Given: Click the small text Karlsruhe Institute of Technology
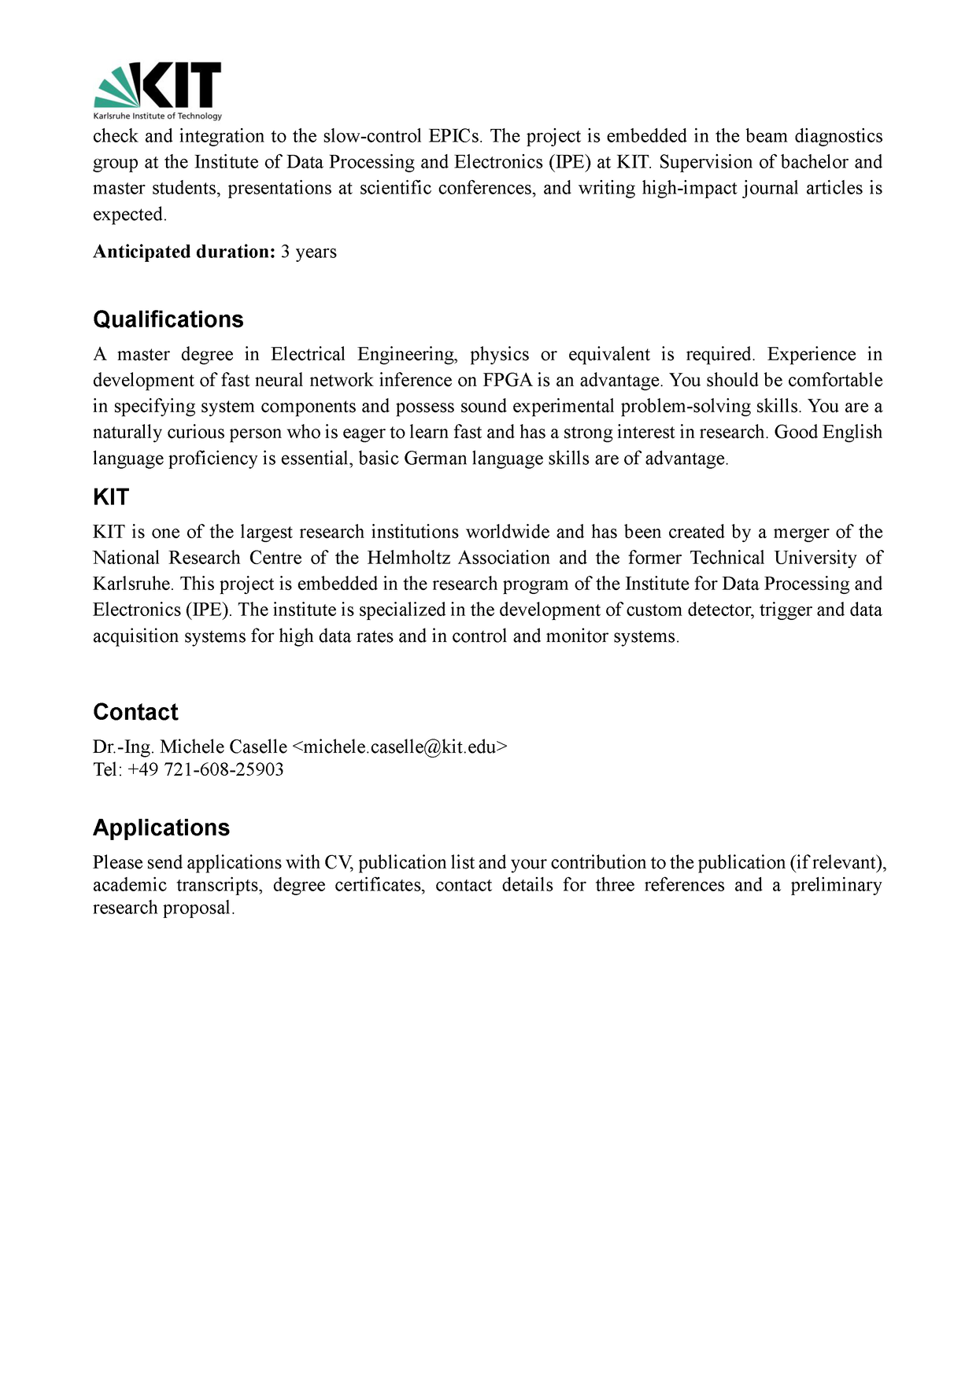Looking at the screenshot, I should point(157,116).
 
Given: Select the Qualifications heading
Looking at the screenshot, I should point(168,319).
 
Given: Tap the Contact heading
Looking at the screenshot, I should point(135,712).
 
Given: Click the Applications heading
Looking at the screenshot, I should point(161,828).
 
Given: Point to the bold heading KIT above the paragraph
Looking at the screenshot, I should point(110,497).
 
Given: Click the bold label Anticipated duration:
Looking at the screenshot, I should point(183,252).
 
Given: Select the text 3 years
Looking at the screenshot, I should point(309,252).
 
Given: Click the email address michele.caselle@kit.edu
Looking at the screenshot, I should point(400,747).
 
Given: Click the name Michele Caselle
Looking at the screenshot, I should point(224,747).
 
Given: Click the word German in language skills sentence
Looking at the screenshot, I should point(435,459).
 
